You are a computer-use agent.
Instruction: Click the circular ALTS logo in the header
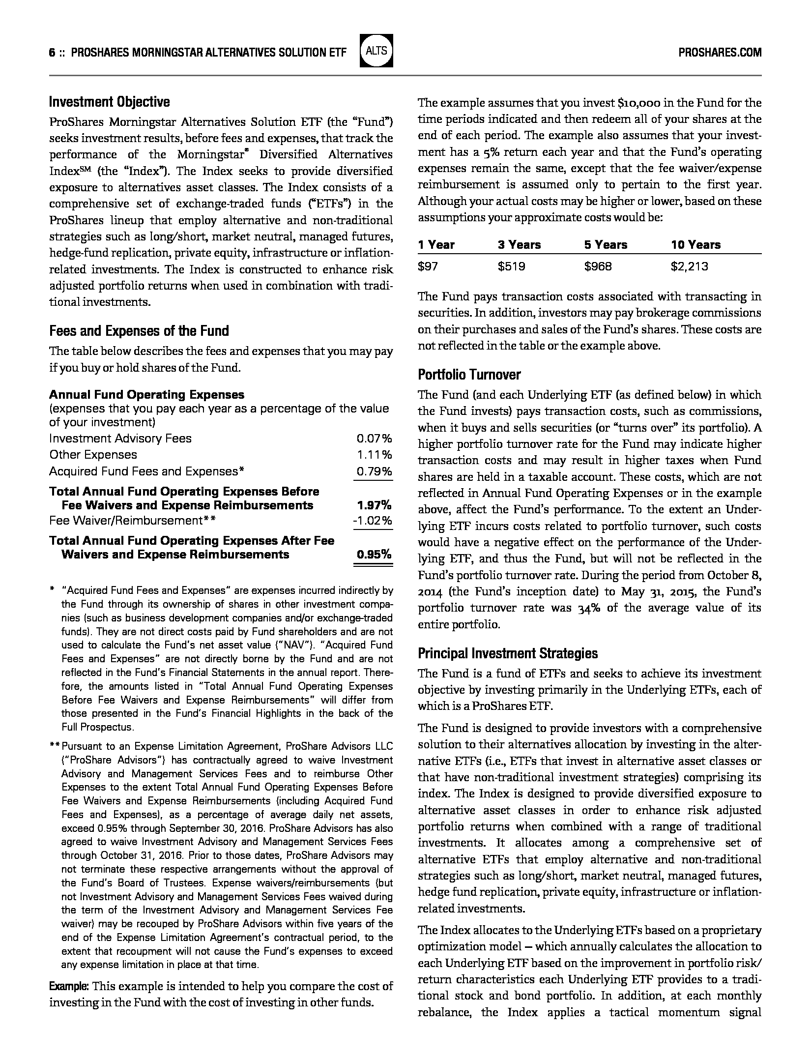376,51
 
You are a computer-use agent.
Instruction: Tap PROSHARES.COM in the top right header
720,53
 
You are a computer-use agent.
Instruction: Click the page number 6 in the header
52,53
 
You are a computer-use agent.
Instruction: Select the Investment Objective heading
109,102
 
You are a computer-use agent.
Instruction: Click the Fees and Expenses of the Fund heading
139,331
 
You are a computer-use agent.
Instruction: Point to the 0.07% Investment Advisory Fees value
374,439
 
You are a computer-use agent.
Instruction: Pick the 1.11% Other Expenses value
374,455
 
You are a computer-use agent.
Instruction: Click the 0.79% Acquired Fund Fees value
374,471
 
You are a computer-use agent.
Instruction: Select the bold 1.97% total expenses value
374,505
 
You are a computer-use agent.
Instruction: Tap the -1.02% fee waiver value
373,520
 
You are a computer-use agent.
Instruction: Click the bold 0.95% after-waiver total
374,555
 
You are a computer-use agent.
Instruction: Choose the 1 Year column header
436,245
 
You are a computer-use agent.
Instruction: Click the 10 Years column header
695,245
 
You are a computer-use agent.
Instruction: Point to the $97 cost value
428,267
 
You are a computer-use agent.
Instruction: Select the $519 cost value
511,267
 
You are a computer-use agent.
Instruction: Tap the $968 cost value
598,267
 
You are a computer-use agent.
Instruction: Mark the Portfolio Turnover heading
469,375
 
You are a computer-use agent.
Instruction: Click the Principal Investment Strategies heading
508,653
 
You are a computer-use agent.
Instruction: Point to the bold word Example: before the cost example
69,986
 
